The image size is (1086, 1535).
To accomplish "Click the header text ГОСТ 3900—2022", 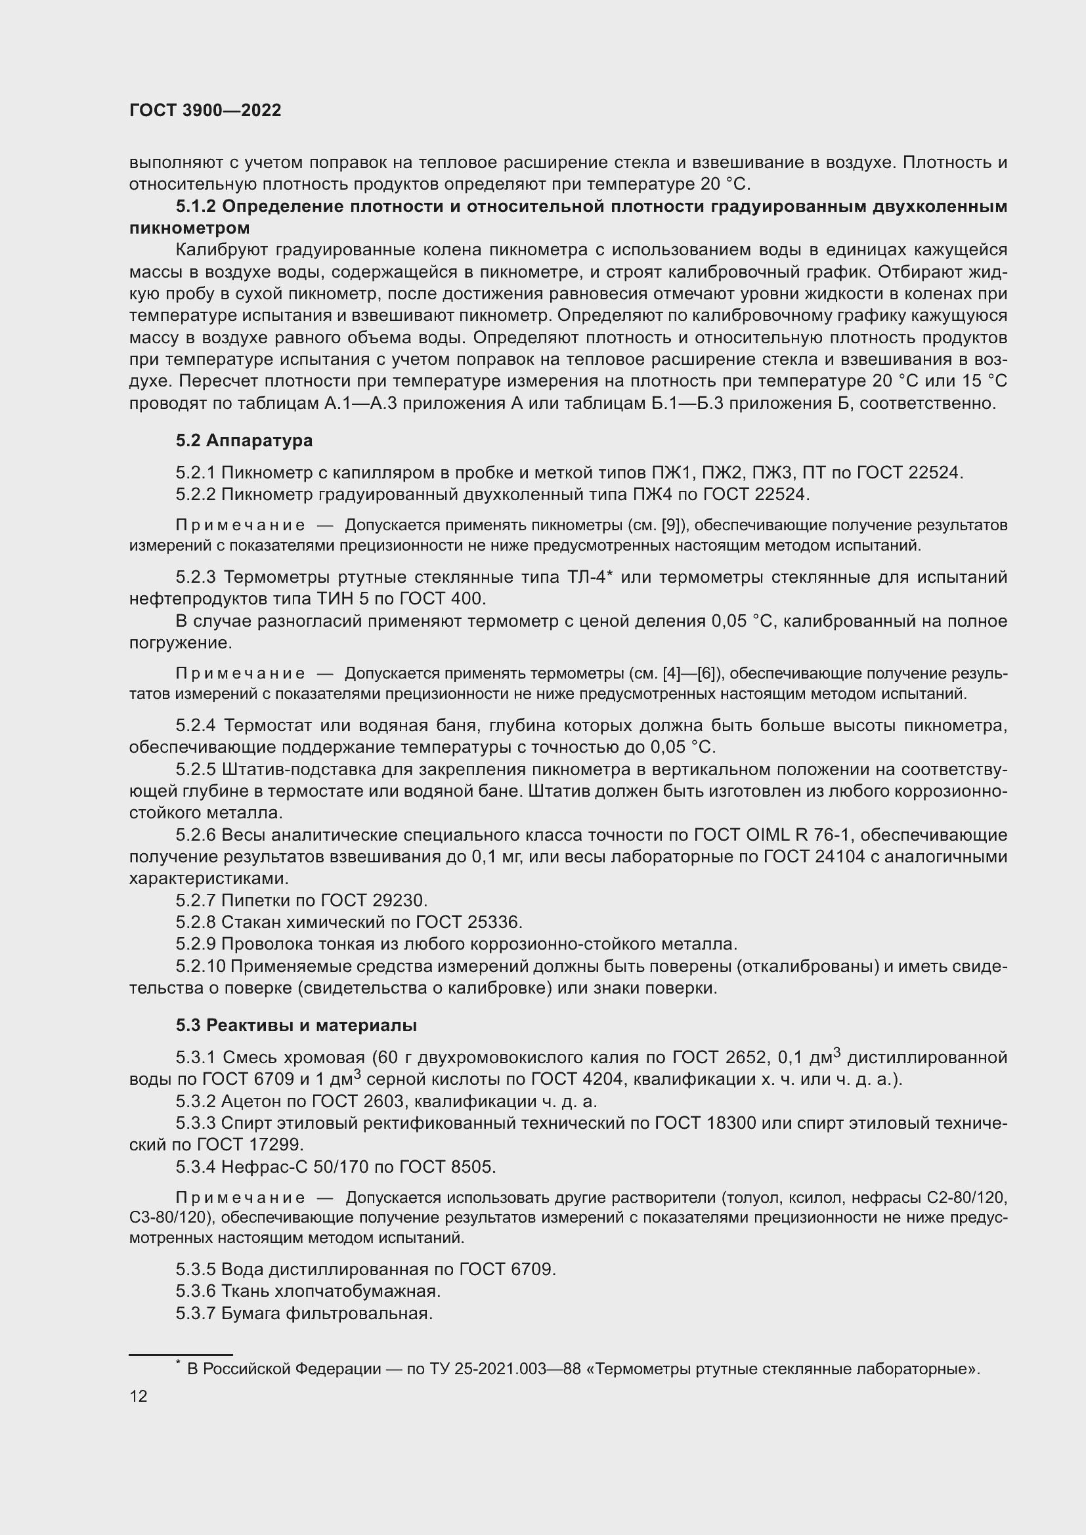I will point(206,111).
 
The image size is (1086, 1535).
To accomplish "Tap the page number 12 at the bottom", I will point(139,1396).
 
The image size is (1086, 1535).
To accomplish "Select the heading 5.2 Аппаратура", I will point(244,440).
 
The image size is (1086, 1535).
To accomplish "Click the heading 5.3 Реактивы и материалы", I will point(296,1025).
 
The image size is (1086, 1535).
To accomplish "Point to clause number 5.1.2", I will point(196,207).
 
